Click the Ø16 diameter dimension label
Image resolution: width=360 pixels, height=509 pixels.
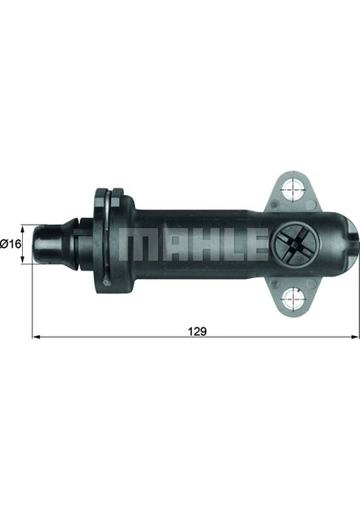pos(10,243)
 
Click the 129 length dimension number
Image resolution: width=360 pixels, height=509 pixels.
pos(197,332)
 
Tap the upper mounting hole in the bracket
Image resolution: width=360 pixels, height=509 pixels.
pos(294,188)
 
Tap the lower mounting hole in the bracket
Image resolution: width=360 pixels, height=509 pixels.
pos(294,298)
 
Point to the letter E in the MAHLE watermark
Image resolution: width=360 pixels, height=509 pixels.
pos(256,244)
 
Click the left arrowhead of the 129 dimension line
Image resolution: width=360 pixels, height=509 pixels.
pos(37,338)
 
